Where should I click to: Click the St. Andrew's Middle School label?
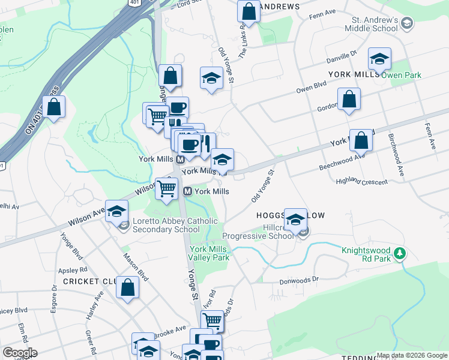[372, 24]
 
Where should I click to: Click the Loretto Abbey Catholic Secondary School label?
[166, 225]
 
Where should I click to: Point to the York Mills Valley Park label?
[209, 253]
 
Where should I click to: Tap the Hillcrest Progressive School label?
[260, 232]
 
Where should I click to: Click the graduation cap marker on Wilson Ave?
[118, 210]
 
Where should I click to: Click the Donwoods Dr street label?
[298, 280]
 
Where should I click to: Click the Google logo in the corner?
[19, 353]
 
